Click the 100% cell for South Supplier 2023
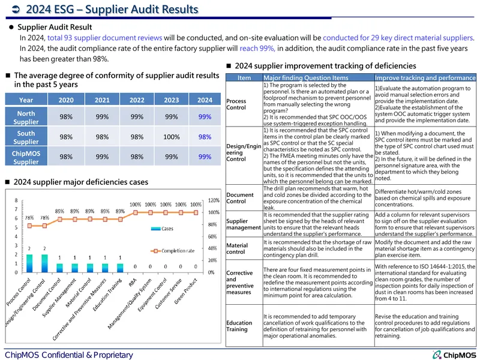172,137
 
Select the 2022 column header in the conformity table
137,100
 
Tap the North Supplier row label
26,117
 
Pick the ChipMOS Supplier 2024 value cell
205,157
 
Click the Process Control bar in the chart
29,263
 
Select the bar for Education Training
121,268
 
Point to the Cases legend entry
162,229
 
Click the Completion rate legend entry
172,251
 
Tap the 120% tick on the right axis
214,200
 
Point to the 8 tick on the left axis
16,200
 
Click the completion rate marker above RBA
136,212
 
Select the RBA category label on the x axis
133,282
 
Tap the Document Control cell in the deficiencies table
240,198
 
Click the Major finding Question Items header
306,78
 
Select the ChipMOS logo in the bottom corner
454,355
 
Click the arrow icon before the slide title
16,10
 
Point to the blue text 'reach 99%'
257,49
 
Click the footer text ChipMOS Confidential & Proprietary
69,355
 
